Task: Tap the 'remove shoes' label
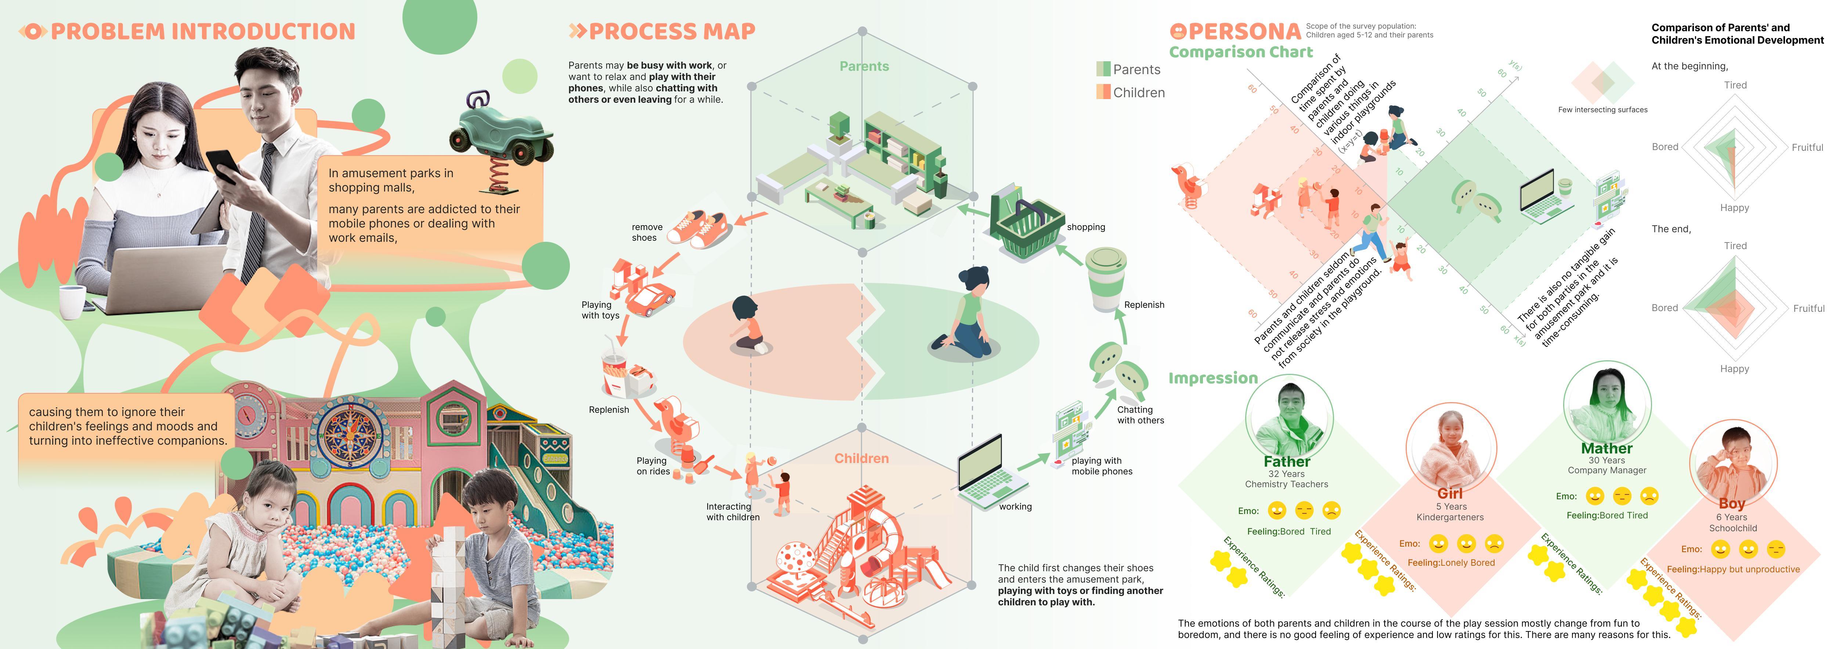pos(646,232)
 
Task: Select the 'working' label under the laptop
pos(1015,507)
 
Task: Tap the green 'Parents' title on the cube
pos(864,66)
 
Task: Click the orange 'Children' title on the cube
pos(862,458)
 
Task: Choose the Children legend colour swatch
pos(1103,92)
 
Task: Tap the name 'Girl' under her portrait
pos(1450,493)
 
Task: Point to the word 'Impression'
pos(1213,378)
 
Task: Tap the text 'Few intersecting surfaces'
pos(1602,110)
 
